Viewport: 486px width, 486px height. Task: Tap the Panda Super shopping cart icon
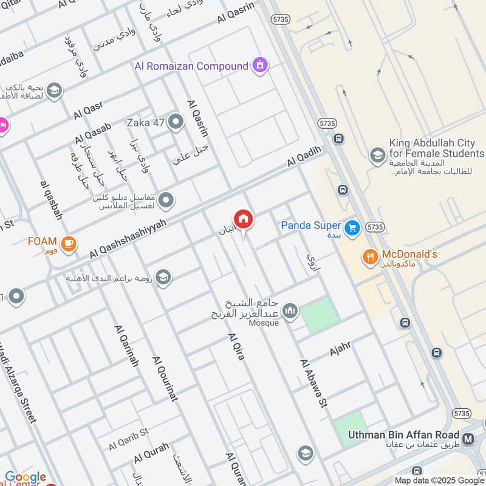(351, 228)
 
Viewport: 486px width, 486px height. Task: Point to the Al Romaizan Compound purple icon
(260, 65)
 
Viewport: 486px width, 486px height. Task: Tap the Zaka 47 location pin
(176, 123)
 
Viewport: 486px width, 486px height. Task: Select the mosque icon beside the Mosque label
(290, 312)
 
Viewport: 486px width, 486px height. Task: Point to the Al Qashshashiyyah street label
(128, 237)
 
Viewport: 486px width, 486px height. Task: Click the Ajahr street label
(341, 349)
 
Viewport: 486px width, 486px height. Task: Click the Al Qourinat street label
(165, 378)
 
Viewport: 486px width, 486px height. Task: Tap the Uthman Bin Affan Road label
(403, 435)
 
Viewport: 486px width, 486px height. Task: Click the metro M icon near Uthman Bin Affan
(468, 439)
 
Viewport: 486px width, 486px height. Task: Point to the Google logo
(26, 477)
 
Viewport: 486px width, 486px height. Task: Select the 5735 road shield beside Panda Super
(375, 227)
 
